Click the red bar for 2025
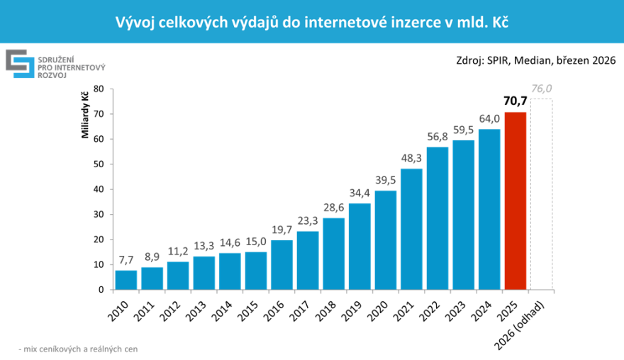click(x=516, y=201)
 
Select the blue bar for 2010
click(x=126, y=280)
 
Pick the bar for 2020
click(x=386, y=240)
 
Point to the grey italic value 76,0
click(x=541, y=89)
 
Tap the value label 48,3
click(x=411, y=158)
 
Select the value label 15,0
click(x=256, y=242)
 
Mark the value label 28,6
click(x=333, y=208)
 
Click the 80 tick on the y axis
click(x=99, y=89)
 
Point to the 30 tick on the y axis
click(x=99, y=214)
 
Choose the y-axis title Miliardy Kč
click(x=84, y=115)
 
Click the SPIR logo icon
click(x=21, y=64)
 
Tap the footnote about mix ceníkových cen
click(x=78, y=349)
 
